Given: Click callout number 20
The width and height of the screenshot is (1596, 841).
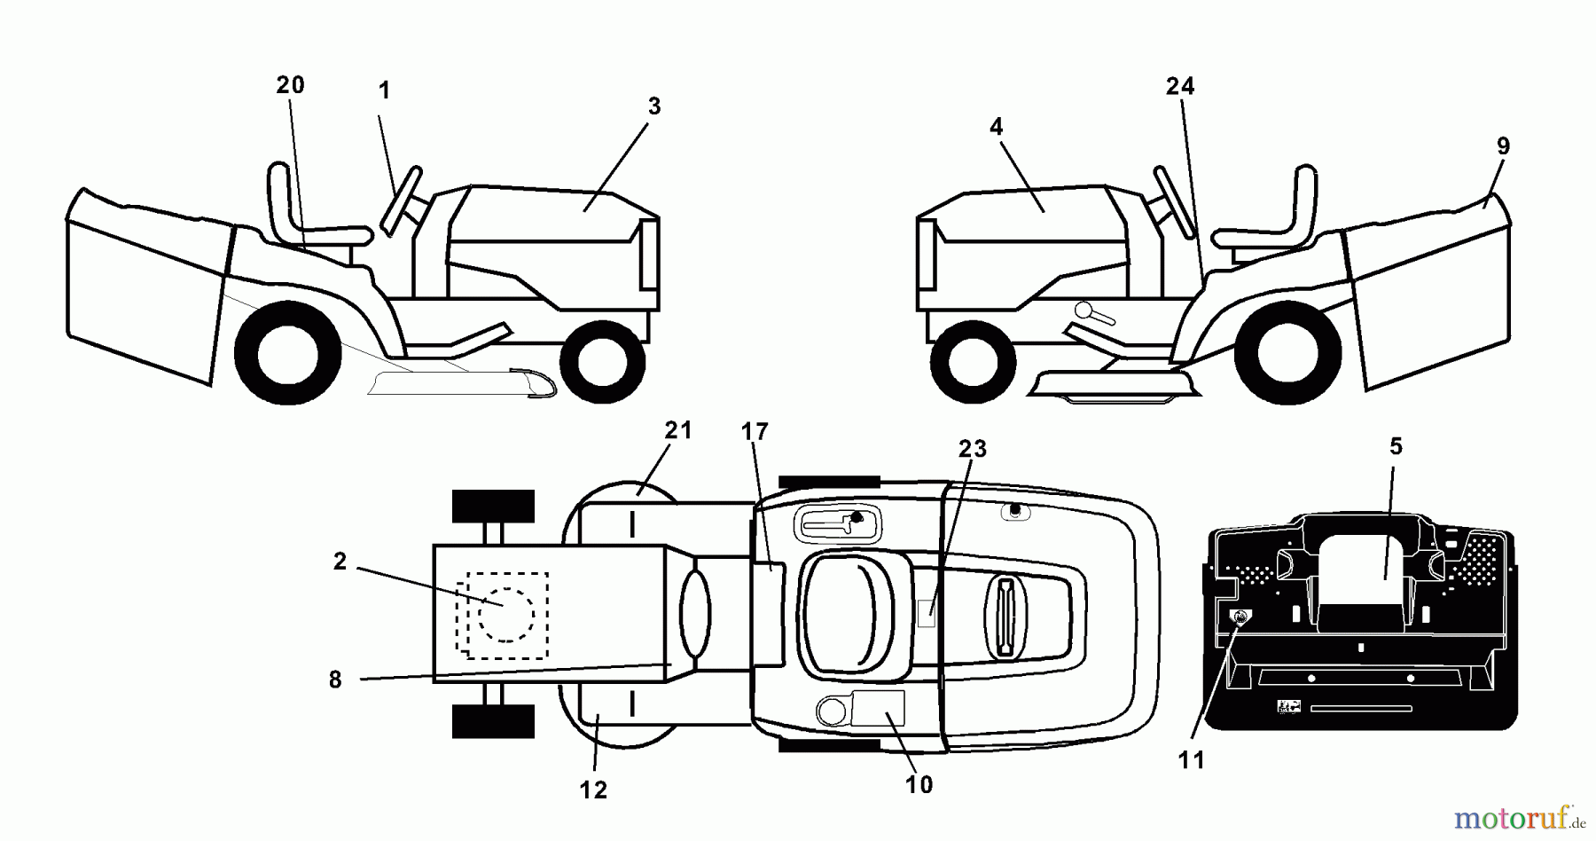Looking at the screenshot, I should pyautogui.click(x=290, y=85).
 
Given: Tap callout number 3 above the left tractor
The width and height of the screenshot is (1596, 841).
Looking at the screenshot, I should pyautogui.click(x=653, y=106).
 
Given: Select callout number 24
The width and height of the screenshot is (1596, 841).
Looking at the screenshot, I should pyautogui.click(x=1179, y=86).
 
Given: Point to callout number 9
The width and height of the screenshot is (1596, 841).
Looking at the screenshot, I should pyautogui.click(x=1502, y=145).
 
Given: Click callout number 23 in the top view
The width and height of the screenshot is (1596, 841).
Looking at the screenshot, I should pyautogui.click(x=972, y=449).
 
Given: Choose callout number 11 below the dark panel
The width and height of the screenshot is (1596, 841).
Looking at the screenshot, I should pyautogui.click(x=1192, y=760).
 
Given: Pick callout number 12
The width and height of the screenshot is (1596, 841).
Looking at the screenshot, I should pyautogui.click(x=593, y=790).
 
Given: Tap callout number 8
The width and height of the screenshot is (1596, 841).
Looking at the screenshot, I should pyautogui.click(x=335, y=680).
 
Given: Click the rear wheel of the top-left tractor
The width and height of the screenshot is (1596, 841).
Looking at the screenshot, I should pyautogui.click(x=288, y=354).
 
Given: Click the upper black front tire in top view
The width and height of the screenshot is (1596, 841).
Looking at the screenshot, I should pyautogui.click(x=493, y=507).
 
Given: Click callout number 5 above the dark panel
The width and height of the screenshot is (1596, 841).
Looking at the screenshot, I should pyautogui.click(x=1396, y=446).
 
